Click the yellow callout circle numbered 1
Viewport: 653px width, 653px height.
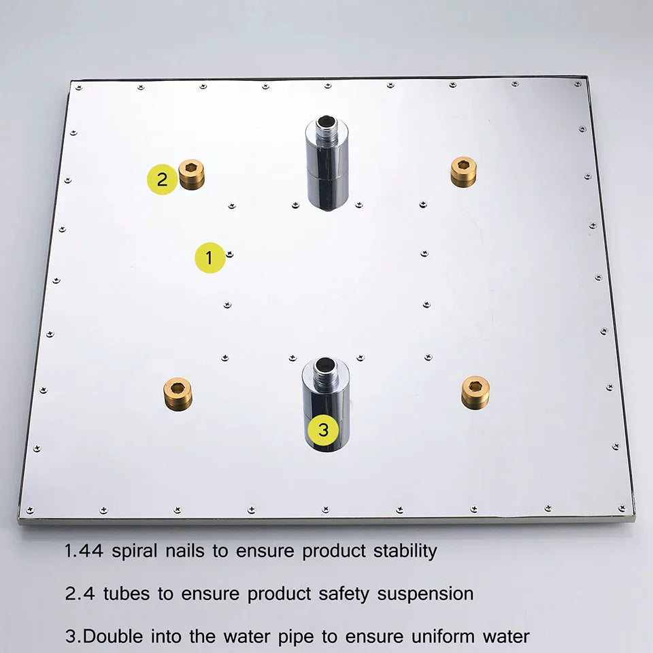[x=210, y=258]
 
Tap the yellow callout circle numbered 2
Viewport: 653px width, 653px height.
[x=162, y=180]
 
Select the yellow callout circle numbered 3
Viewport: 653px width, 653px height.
[x=323, y=429]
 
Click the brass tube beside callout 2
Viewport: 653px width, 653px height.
[x=191, y=174]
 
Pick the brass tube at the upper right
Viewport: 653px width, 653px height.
[x=463, y=171]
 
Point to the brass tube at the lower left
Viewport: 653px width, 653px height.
[x=178, y=393]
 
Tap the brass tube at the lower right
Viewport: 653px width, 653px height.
[x=475, y=392]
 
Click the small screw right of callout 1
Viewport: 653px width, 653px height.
[x=231, y=254]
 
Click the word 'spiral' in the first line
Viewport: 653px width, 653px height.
[x=134, y=550]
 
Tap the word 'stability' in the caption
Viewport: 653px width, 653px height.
[x=405, y=550]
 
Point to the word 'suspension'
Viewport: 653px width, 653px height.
[x=425, y=594]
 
